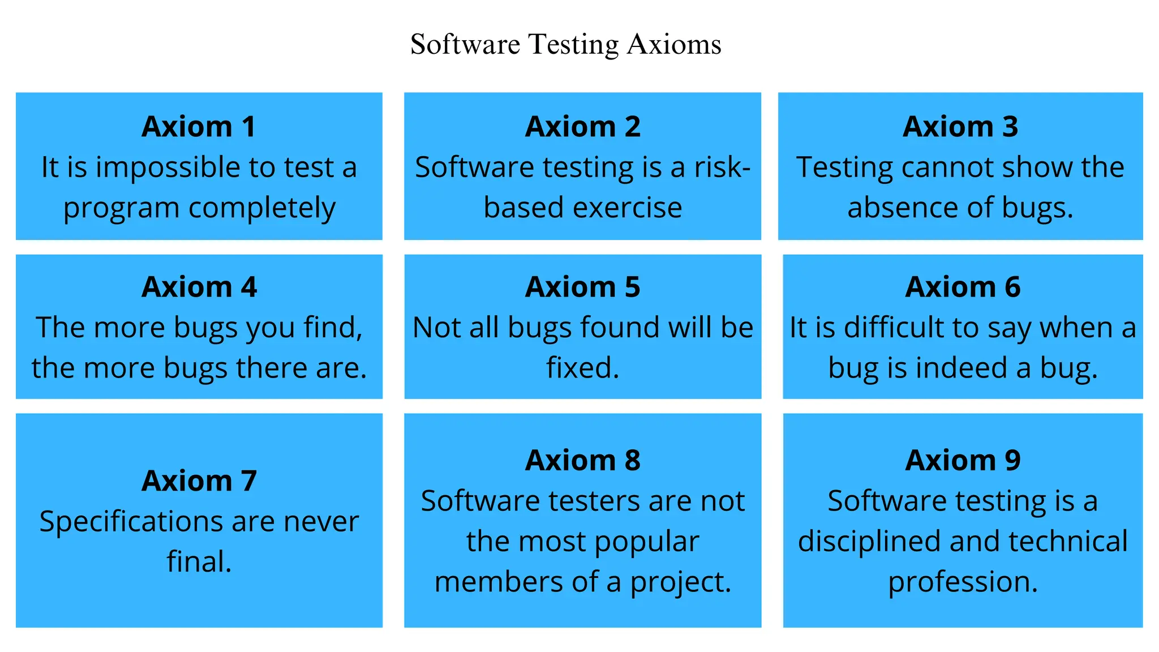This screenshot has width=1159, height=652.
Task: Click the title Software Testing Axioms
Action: point(565,45)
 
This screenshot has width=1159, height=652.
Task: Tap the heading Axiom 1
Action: point(199,126)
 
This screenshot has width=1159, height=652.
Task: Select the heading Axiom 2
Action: point(582,126)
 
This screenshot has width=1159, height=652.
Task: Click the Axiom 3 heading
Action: point(960,126)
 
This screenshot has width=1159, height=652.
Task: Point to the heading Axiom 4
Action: point(199,287)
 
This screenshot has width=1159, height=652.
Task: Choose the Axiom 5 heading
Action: point(582,287)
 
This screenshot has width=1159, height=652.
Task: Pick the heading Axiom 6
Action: point(963,287)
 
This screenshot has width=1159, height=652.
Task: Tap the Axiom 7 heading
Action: point(199,481)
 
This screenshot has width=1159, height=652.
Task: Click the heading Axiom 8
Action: point(582,460)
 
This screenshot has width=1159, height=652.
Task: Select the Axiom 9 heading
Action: point(963,460)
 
